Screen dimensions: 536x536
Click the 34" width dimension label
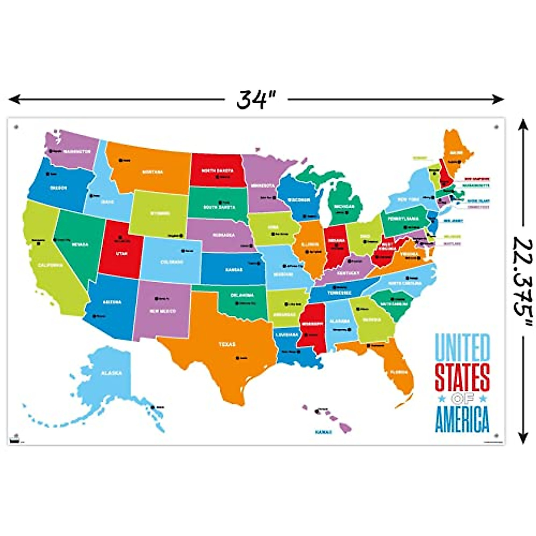(255, 99)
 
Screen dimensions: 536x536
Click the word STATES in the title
(462, 377)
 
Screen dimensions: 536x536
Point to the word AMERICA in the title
(462, 419)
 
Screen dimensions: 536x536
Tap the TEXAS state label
(227, 344)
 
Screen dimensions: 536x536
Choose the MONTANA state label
(153, 172)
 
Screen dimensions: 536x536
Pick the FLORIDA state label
(398, 372)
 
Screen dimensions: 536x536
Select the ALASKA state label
(111, 373)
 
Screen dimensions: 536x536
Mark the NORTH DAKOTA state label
(217, 171)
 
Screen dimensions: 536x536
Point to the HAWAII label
(323, 432)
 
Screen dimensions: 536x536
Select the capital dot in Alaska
(153, 407)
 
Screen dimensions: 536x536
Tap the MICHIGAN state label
(343, 206)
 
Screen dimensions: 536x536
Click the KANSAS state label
(234, 270)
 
